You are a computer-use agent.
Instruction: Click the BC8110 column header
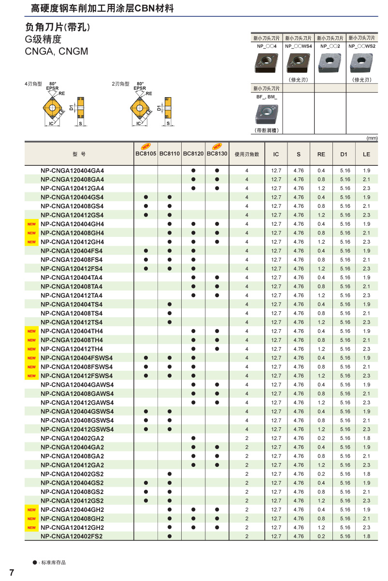(170, 154)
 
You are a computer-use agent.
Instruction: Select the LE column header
(366, 154)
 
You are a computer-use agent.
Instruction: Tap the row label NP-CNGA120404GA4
(72, 171)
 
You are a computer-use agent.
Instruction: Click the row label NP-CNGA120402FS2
(72, 536)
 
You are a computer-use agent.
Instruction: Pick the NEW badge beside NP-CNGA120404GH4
(31, 224)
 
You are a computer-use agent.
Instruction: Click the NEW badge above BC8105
(145, 146)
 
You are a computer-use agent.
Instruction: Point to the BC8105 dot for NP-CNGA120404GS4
(146, 197)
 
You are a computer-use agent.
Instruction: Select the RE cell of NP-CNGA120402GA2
(321, 438)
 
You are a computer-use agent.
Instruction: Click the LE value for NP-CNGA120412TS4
(366, 322)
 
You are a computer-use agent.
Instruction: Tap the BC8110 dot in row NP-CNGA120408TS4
(170, 313)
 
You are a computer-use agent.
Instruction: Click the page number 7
(12, 573)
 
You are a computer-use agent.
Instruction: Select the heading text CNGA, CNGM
(57, 51)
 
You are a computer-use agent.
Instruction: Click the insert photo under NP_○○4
(266, 62)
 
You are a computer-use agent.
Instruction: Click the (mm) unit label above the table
(372, 138)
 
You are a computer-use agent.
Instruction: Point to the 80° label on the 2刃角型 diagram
(140, 84)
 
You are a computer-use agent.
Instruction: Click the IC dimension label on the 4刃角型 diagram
(51, 124)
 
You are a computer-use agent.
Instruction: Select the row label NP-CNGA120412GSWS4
(77, 429)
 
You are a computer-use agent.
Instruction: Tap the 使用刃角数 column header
(246, 154)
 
